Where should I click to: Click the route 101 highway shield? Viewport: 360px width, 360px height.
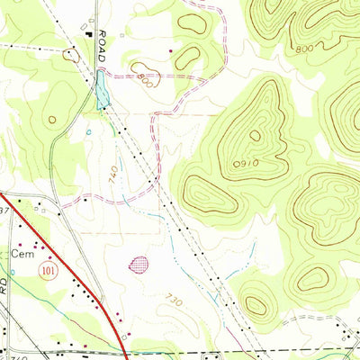(45, 269)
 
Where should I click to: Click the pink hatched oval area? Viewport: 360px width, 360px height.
(139, 264)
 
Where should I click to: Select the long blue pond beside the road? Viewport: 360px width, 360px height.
(103, 91)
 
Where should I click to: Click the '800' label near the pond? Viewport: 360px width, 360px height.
(145, 79)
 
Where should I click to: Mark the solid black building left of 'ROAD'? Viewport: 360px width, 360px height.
(88, 34)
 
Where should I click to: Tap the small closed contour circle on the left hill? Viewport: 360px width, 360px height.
(52, 119)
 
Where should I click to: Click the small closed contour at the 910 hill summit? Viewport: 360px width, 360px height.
(255, 136)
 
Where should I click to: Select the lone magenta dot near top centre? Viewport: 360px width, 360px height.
(170, 51)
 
